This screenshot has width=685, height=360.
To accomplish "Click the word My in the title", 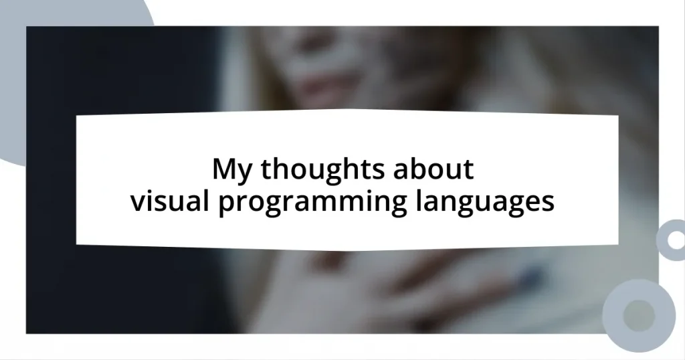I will [233, 171].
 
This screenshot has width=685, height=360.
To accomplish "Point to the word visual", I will [171, 201].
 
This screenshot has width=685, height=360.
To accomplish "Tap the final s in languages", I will [549, 202].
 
